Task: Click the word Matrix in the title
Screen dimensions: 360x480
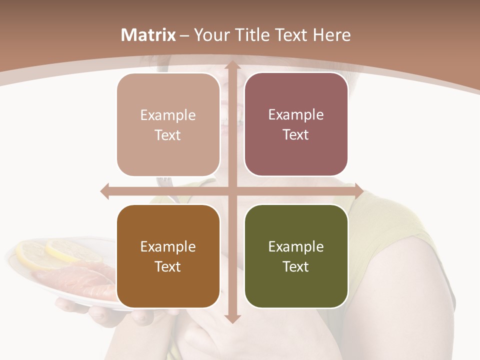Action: click(148, 35)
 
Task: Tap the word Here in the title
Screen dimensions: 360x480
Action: click(331, 35)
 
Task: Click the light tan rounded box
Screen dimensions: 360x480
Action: click(168, 125)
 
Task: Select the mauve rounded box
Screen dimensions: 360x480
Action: click(296, 124)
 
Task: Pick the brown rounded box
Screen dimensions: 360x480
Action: click(168, 256)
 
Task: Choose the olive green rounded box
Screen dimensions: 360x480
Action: click(296, 256)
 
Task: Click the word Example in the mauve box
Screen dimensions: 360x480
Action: click(296, 114)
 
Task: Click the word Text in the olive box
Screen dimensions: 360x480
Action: click(296, 266)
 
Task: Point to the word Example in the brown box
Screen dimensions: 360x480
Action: click(168, 246)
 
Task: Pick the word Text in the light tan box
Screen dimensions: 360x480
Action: click(168, 135)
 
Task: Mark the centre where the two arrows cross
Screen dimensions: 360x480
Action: click(232, 191)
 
